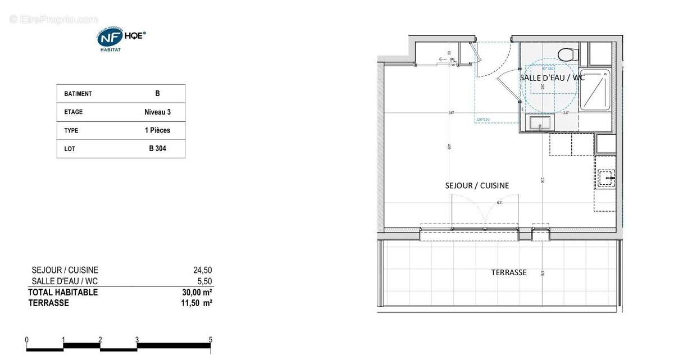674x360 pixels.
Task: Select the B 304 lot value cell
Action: click(x=157, y=149)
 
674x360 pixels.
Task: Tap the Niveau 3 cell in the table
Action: click(x=157, y=112)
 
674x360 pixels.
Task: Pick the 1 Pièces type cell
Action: click(x=157, y=130)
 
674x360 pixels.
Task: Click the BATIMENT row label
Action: click(x=78, y=94)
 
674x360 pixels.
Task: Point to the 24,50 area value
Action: click(x=202, y=270)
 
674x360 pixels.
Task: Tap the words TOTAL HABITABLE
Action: click(x=63, y=292)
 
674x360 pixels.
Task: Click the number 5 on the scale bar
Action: click(x=211, y=339)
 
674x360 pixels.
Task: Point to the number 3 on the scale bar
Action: click(x=137, y=339)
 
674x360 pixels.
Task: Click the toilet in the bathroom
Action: click(x=568, y=54)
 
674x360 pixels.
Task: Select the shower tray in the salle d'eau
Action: click(x=597, y=90)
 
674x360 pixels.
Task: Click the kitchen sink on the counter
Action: click(x=606, y=178)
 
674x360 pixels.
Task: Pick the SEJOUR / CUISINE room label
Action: click(x=477, y=185)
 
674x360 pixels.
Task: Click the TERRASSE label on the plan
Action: click(x=509, y=272)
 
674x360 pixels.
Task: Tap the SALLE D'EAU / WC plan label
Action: click(x=552, y=78)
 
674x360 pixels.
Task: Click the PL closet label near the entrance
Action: click(x=452, y=59)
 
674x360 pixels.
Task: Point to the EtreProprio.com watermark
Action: click(x=53, y=19)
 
